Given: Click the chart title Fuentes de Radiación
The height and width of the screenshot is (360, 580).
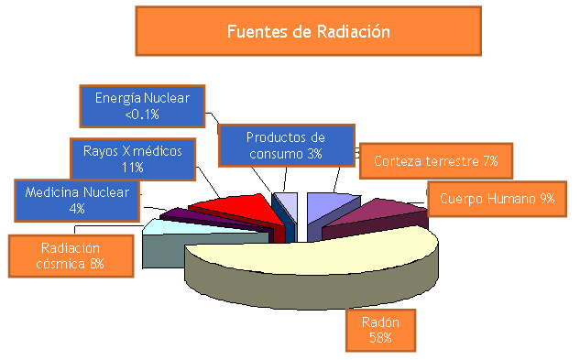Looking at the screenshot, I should click(x=309, y=31).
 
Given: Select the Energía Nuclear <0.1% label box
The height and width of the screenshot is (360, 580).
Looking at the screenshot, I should click(x=142, y=105).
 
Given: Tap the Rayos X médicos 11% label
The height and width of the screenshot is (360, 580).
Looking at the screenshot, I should click(x=132, y=158).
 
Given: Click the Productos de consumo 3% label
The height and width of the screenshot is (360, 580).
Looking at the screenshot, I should click(x=285, y=145).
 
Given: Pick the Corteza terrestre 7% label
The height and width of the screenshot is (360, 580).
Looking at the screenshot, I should click(x=435, y=161).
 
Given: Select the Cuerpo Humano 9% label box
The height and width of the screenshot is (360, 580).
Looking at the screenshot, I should click(x=496, y=198).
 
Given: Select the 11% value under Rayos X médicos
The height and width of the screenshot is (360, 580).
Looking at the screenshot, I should click(x=132, y=167).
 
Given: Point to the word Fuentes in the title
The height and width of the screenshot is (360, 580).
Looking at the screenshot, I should click(x=257, y=31).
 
